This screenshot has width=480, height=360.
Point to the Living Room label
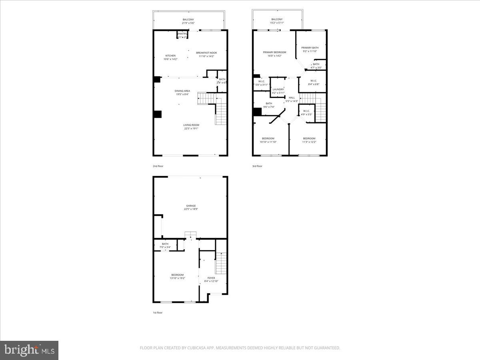pos(191,126)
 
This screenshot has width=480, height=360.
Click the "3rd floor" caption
pos(257,166)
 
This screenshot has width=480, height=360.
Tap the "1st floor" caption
pos(158,312)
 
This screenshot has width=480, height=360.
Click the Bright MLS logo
pos(29,350)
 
